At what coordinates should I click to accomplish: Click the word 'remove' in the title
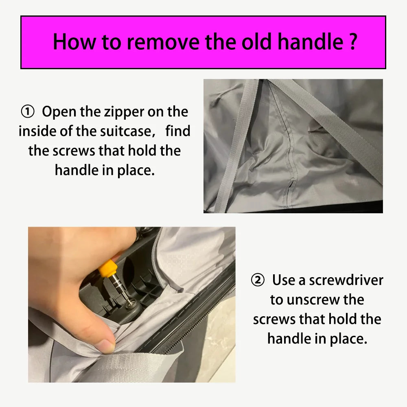click(x=163, y=42)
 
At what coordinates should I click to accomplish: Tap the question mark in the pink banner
click(x=353, y=42)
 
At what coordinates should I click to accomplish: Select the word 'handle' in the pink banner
click(x=311, y=42)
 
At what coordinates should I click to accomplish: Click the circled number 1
click(x=28, y=112)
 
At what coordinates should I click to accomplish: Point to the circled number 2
click(x=258, y=280)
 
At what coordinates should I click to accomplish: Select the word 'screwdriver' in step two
click(x=346, y=280)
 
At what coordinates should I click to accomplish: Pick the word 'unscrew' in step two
click(x=313, y=300)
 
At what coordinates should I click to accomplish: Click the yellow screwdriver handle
click(x=108, y=269)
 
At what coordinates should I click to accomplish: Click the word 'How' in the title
click(x=74, y=42)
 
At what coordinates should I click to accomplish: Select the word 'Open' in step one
click(x=59, y=112)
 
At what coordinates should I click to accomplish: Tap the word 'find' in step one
click(x=178, y=131)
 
